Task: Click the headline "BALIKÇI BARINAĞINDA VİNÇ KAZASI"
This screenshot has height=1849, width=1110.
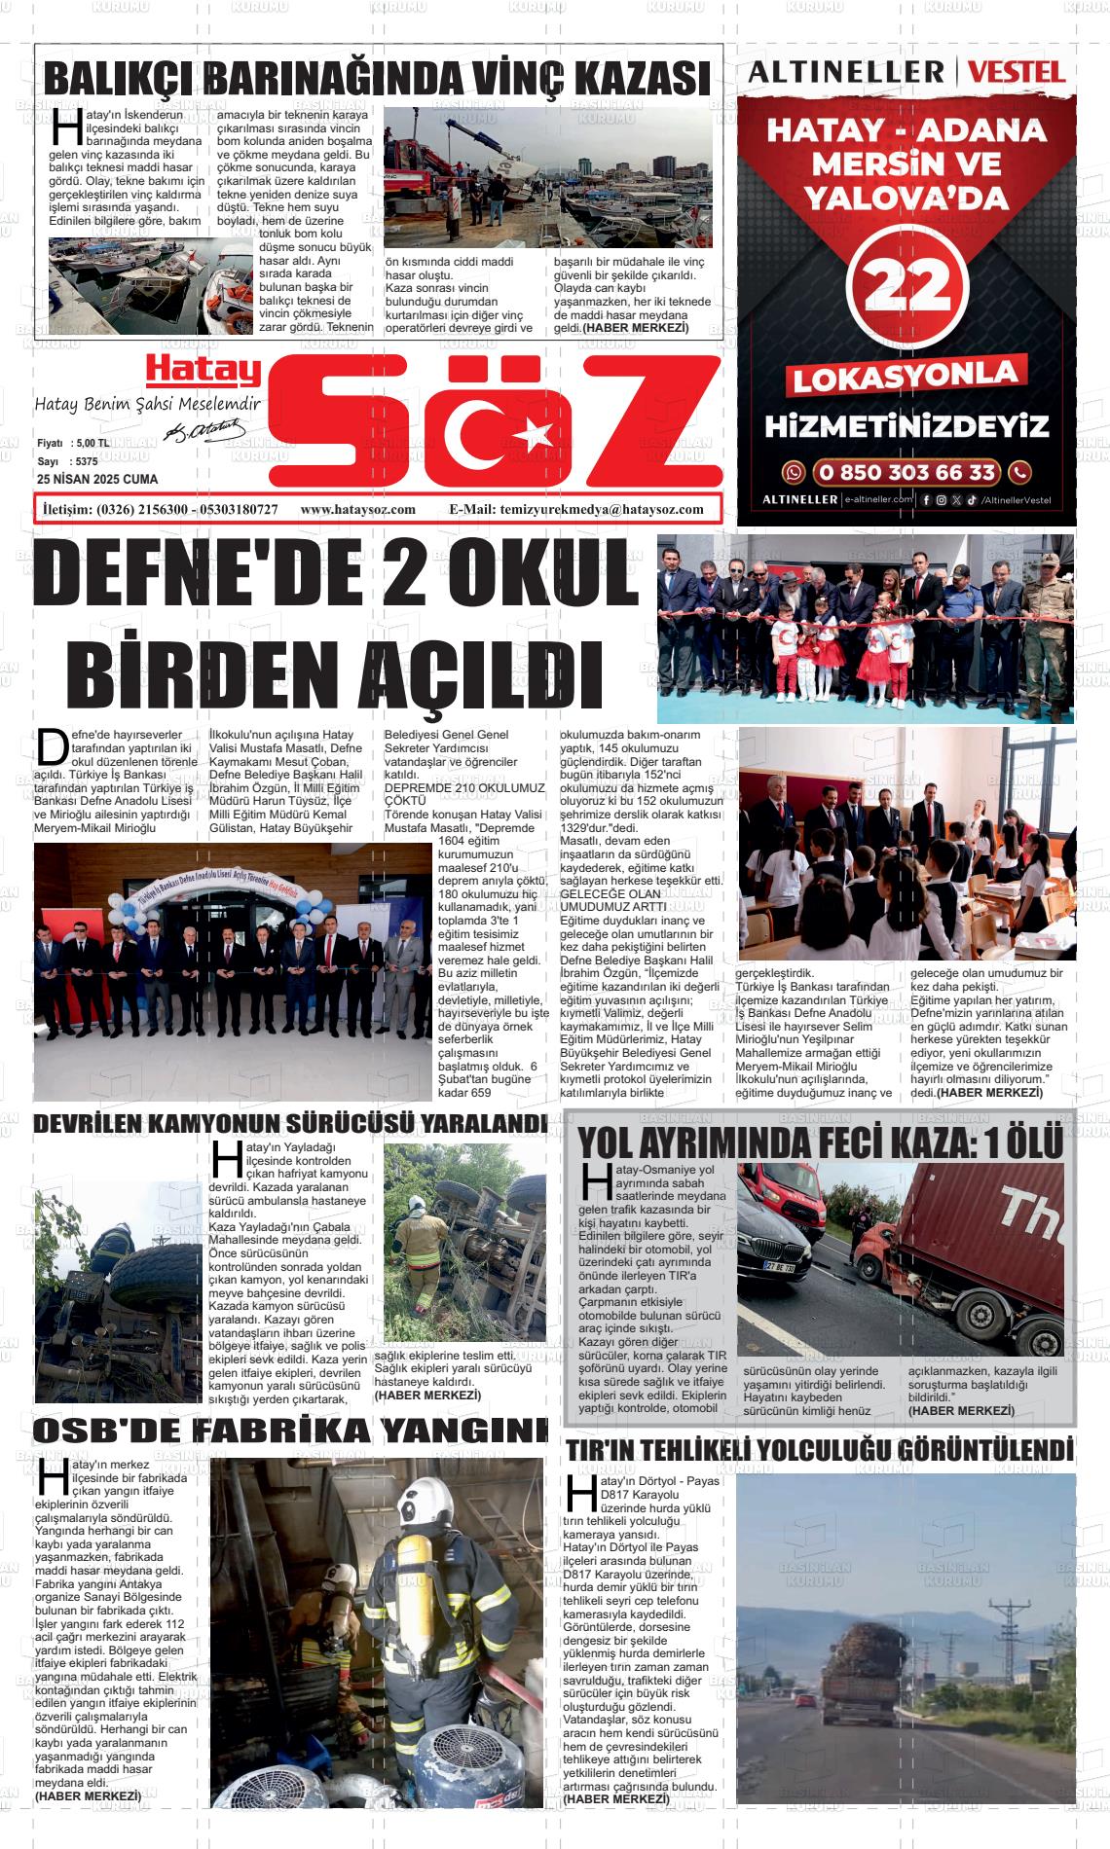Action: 378,78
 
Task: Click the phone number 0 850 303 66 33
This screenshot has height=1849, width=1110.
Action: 907,473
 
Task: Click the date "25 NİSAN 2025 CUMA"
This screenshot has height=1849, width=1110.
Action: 96,480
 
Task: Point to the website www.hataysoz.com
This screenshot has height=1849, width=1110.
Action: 357,510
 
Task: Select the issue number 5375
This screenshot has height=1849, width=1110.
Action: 86,461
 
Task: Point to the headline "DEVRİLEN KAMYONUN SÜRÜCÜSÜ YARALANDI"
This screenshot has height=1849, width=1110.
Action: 290,1123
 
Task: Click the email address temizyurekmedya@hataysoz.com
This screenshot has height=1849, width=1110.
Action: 602,510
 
